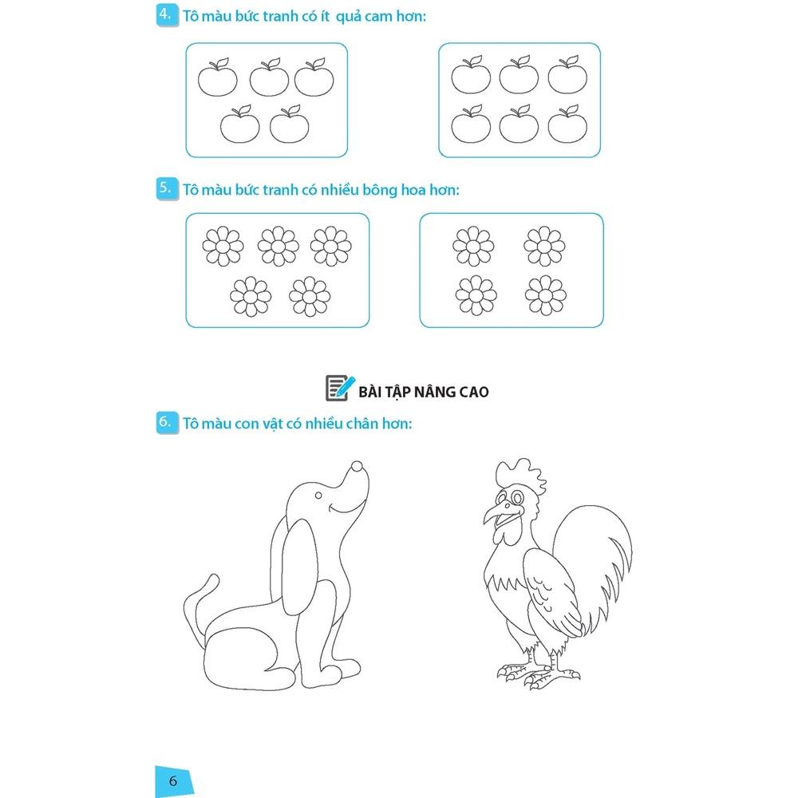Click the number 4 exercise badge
tap(167, 15)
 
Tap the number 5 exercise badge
tap(167, 189)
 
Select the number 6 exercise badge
tap(167, 422)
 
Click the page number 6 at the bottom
tap(173, 780)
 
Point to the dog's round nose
tap(358, 466)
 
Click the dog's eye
tap(318, 496)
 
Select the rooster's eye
tap(518, 496)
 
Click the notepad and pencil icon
tap(339, 389)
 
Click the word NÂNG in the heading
tap(435, 391)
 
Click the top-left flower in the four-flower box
tap(473, 247)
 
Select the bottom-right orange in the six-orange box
tap(567, 124)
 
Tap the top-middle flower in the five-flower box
tap(278, 247)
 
